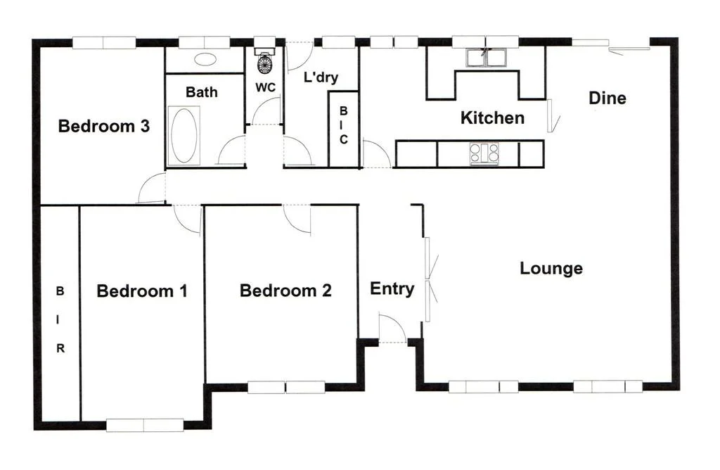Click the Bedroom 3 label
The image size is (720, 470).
103,127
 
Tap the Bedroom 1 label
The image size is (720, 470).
142,291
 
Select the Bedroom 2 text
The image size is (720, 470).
285,290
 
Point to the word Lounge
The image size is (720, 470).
551,268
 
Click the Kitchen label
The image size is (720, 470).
492,118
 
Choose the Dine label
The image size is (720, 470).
607,98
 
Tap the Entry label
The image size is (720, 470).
392,288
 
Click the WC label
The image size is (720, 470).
265,87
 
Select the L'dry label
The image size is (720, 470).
320,77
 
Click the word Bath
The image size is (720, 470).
202,91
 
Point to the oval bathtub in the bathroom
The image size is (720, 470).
184,135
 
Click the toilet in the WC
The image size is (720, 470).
264,63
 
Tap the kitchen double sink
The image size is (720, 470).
484,57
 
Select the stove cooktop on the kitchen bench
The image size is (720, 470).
484,153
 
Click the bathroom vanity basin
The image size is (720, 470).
205,60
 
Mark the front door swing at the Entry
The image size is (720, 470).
392,329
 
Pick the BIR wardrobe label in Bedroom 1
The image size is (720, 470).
60,319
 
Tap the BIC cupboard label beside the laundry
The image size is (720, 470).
344,125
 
